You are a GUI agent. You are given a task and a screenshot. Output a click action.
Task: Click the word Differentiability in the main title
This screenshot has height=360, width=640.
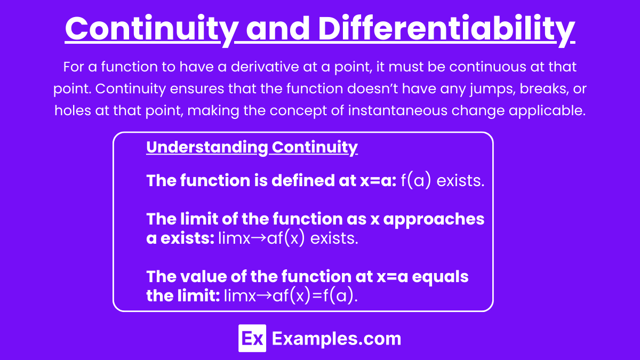(x=446, y=29)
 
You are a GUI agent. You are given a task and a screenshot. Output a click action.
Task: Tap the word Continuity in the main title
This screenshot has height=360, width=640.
(x=151, y=29)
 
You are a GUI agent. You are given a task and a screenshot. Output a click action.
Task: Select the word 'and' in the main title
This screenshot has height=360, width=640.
(x=278, y=29)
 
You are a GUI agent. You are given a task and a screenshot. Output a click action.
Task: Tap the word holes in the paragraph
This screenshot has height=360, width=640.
(x=73, y=110)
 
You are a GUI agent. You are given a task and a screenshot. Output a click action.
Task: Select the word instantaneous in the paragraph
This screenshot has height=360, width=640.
(x=397, y=110)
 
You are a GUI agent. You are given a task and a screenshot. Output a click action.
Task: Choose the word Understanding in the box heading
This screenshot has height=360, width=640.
(x=207, y=147)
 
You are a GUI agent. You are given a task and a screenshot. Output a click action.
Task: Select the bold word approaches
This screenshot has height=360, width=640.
(x=434, y=220)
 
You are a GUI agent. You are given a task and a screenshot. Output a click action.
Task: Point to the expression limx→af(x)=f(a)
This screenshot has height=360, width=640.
(x=291, y=295)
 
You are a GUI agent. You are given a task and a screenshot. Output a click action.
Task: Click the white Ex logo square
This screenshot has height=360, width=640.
(x=252, y=338)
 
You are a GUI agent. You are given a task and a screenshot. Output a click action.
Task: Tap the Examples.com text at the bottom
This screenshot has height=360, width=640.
(x=337, y=339)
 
